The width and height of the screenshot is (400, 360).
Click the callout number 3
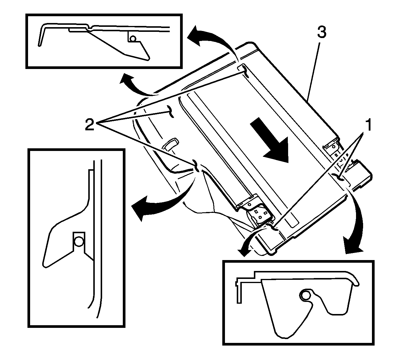point(321,33)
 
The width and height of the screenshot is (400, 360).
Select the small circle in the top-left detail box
point(133,38)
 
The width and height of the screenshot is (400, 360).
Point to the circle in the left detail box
point(79,241)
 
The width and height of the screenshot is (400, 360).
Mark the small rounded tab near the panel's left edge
point(170,144)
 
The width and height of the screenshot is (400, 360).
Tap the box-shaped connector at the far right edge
point(362,174)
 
